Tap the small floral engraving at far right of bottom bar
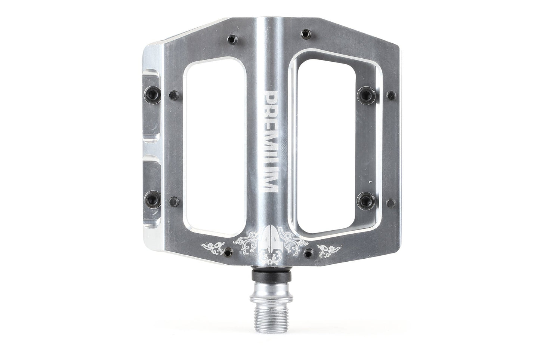(328, 248)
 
